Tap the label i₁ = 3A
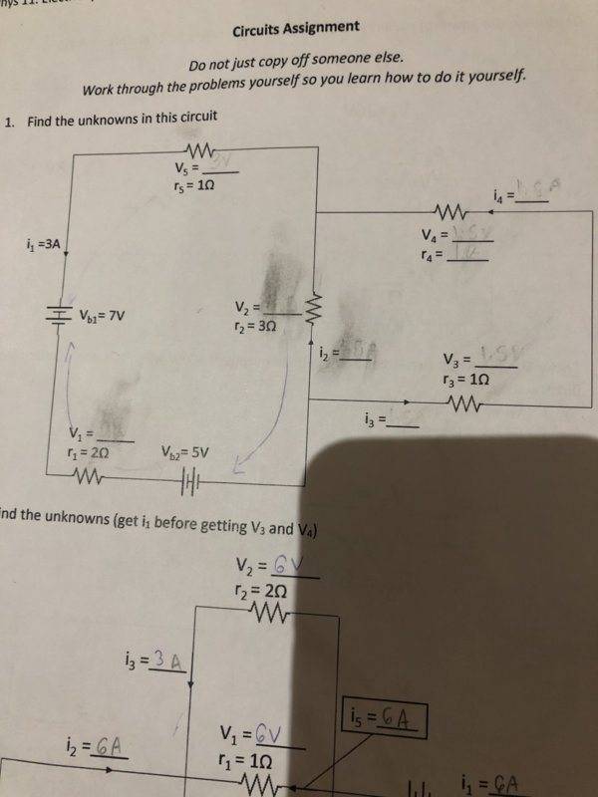[47, 243]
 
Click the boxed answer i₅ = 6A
[384, 717]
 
